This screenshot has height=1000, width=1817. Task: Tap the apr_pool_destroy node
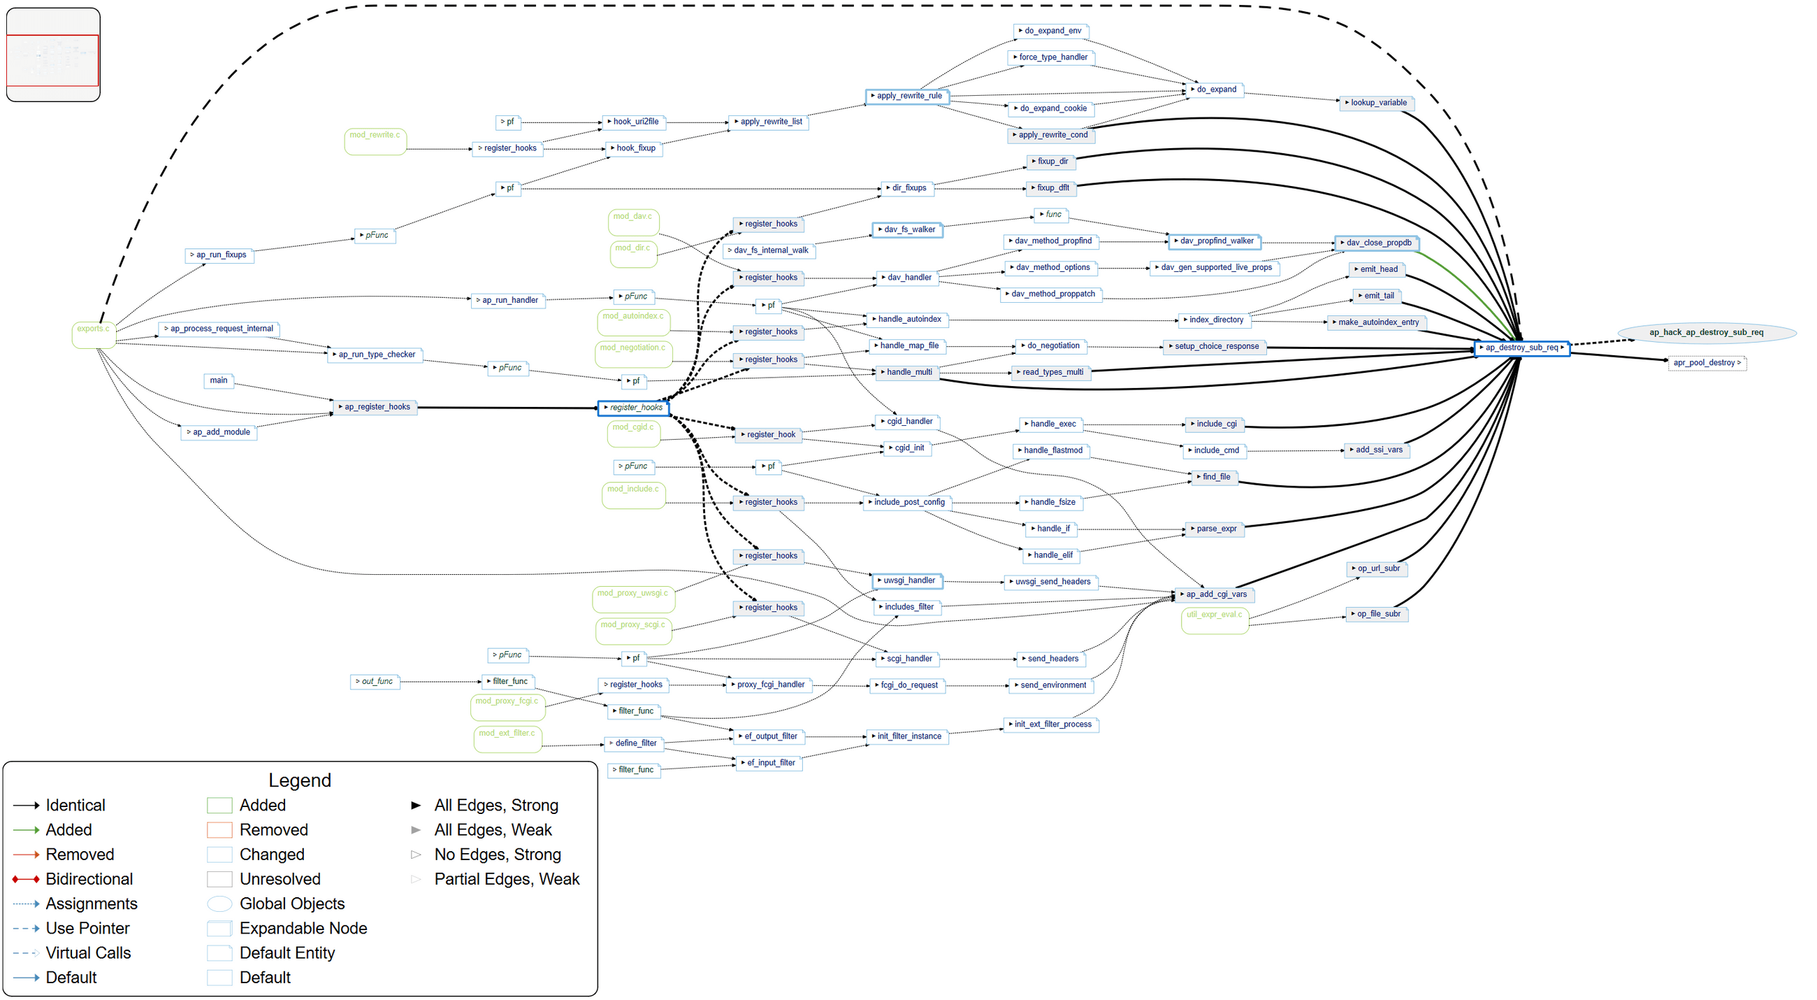1706,364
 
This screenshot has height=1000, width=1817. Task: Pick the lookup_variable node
1377,103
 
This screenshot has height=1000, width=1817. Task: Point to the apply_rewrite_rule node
906,96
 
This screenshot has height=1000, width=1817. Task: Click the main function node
219,381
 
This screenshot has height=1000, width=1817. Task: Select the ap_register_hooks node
376,407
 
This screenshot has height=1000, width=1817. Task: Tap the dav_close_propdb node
1377,243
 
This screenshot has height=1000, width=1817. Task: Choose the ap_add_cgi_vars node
1215,595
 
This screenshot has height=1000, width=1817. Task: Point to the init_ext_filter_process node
1052,724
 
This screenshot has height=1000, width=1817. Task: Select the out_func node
375,682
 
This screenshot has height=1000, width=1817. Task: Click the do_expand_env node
1052,31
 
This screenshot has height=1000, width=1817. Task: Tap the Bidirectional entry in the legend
89,879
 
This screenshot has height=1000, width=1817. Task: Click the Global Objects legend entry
291,904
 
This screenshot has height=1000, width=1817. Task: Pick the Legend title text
300,780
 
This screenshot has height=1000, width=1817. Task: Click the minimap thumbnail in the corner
53,55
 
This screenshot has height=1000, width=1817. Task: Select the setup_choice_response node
1215,347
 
